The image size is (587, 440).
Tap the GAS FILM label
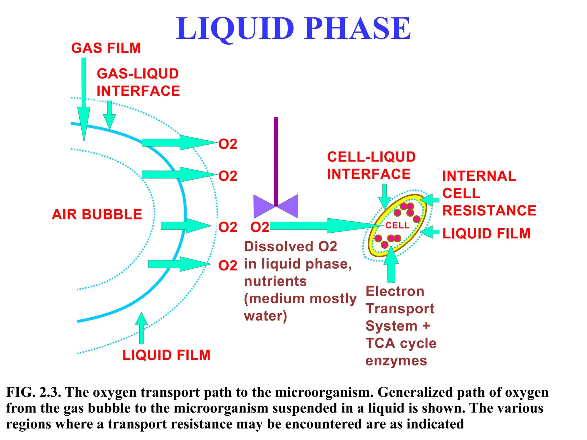coord(106,48)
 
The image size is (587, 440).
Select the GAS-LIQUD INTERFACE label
coord(138,82)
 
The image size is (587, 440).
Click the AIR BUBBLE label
coord(97,214)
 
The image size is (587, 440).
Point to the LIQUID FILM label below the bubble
coord(166,355)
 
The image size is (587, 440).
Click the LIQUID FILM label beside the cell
coord(486,233)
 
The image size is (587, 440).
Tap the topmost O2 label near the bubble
coord(228,144)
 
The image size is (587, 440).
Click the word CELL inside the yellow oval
coord(397,225)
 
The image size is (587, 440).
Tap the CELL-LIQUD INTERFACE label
coord(371,166)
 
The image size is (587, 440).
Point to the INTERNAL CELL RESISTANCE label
coord(488,193)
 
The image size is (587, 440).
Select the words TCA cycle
coord(401,343)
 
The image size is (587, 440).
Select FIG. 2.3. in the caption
coord(33,392)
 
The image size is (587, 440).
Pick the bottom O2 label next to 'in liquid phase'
coord(228,266)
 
